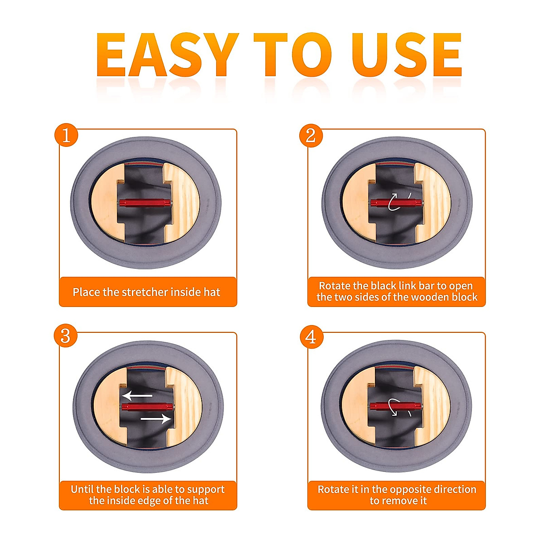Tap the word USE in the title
(x=406, y=54)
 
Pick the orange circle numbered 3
(x=66, y=335)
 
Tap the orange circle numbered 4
(x=311, y=337)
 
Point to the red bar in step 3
(x=147, y=407)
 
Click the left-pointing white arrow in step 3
(x=137, y=396)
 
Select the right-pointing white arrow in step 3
(x=156, y=419)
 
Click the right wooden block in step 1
(x=181, y=203)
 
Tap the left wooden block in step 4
(x=357, y=407)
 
